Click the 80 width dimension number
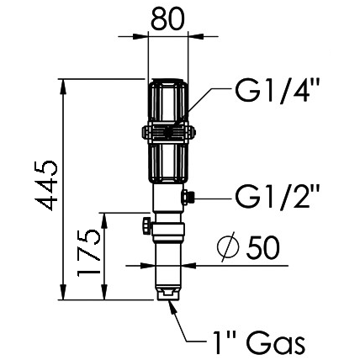(169, 18)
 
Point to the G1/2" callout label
(278, 199)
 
